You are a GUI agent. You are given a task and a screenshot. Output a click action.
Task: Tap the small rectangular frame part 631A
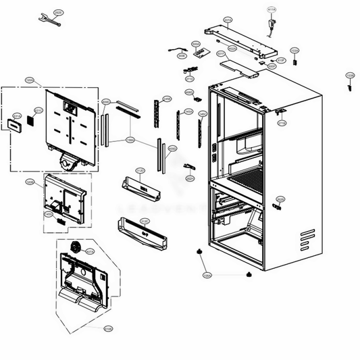pos(16,126)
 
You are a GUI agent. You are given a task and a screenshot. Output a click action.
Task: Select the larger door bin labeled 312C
pos(143,233)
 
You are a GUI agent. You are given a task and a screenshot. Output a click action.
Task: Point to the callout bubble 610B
pos(108,329)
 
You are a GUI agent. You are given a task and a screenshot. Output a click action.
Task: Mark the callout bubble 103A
pos(294,51)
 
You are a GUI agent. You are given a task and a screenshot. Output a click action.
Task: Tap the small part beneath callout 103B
pos(350,86)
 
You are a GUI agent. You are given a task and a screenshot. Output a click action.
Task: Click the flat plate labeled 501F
pos(236,66)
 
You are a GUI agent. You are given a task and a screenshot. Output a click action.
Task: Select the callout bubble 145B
pos(167,99)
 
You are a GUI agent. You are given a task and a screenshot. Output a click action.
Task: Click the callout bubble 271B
pos(282,123)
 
